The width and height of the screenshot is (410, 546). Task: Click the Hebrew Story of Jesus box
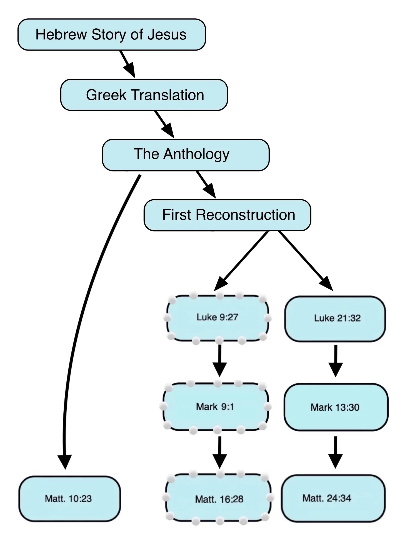(111, 35)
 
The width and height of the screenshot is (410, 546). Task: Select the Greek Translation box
(144, 95)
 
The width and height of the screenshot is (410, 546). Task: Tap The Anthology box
(186, 155)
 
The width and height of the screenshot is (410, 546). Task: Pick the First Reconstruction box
(227, 215)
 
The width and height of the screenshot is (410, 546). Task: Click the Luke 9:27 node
(217, 318)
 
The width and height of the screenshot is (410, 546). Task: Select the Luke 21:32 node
(335, 318)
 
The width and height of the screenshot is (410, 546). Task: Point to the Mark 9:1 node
(215, 407)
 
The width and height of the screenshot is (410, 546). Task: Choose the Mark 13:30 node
(336, 407)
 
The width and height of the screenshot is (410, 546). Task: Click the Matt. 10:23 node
(69, 499)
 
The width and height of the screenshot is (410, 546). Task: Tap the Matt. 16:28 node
(219, 499)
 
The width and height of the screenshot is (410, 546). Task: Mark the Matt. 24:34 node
(333, 498)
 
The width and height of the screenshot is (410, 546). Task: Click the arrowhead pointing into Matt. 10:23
(65, 461)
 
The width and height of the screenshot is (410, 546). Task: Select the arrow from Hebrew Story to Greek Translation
(127, 64)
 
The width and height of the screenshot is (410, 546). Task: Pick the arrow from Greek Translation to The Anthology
(164, 124)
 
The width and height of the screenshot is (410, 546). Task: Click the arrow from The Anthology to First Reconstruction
(206, 185)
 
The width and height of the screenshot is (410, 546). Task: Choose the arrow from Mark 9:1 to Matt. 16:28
(219, 452)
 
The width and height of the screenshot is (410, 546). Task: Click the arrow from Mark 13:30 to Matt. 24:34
(335, 452)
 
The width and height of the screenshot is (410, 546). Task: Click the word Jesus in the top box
(167, 35)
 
